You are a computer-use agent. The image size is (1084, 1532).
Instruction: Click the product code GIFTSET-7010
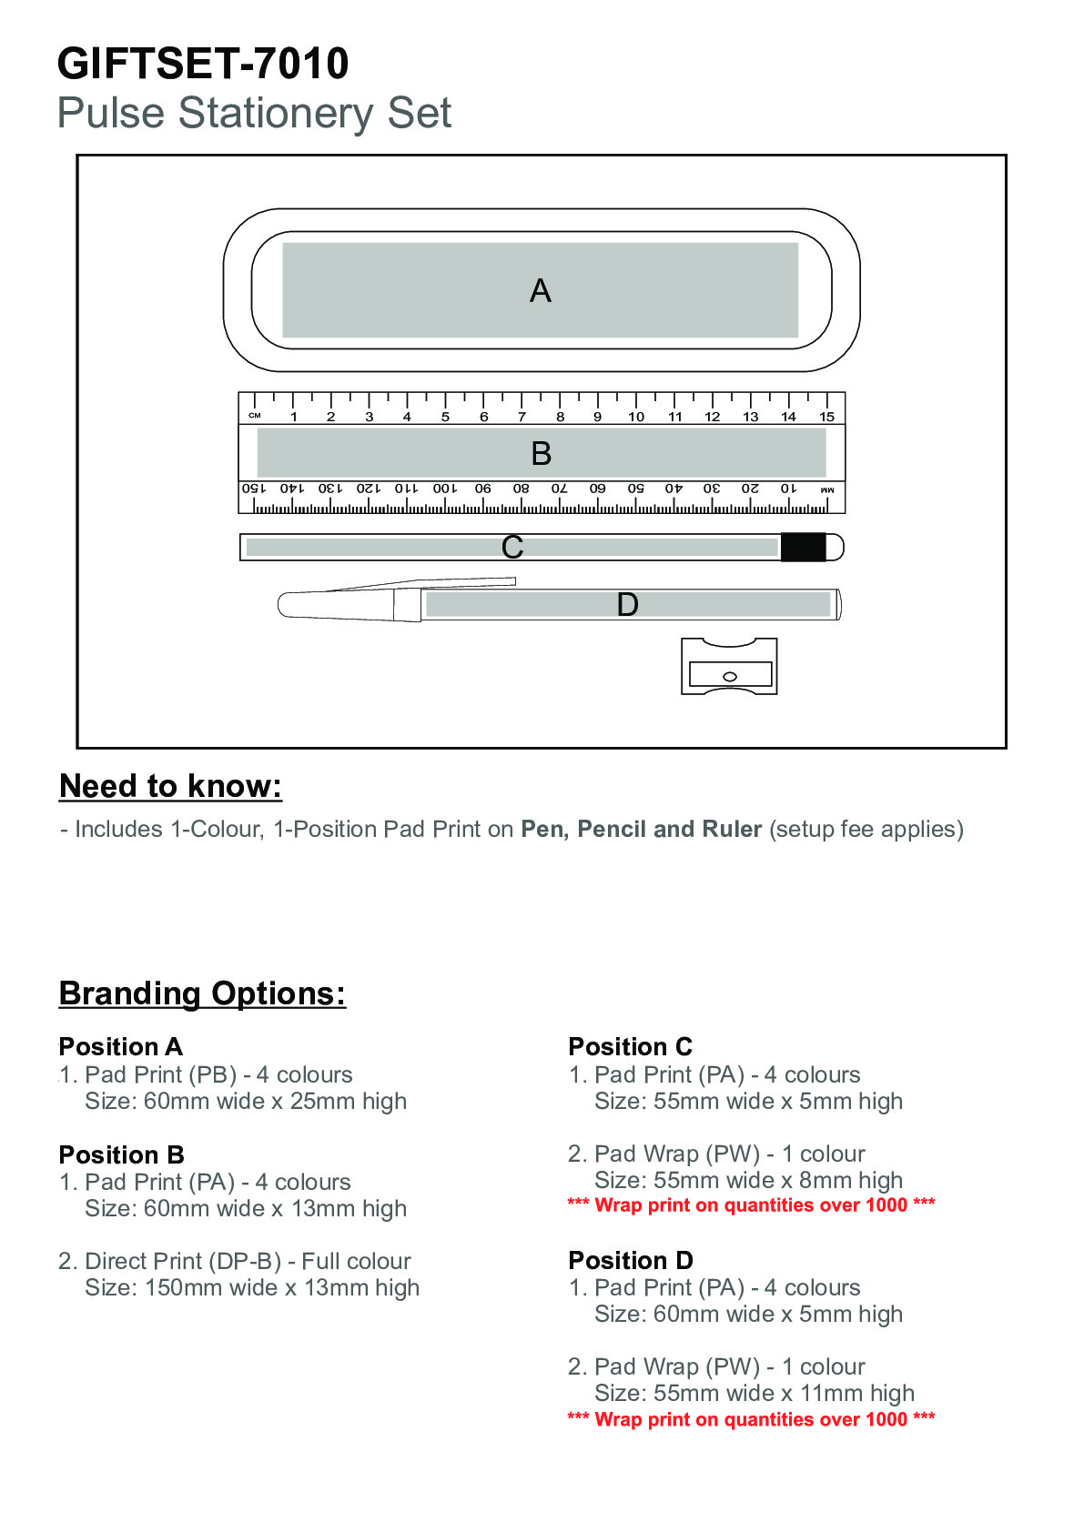[203, 64]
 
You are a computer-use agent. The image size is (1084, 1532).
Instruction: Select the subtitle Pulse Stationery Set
[254, 112]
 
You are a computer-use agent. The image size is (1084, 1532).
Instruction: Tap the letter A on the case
[540, 291]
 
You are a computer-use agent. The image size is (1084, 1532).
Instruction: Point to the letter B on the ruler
[542, 453]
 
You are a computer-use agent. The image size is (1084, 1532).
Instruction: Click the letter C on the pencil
[512, 547]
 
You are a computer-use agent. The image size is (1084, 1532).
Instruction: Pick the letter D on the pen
[627, 605]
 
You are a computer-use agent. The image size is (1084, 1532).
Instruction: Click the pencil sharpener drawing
[729, 666]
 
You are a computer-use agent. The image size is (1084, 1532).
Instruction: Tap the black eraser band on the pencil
[803, 547]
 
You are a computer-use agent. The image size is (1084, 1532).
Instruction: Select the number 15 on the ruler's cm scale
[826, 417]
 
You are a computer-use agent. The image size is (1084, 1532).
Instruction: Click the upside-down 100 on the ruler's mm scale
[444, 489]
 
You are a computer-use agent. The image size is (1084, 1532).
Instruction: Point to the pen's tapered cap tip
[282, 605]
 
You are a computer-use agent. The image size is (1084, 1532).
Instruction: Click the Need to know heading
[170, 787]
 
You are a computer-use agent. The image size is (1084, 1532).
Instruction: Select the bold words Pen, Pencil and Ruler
[642, 829]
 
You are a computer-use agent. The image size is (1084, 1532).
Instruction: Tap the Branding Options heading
[202, 993]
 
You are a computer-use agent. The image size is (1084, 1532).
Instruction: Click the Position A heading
[120, 1046]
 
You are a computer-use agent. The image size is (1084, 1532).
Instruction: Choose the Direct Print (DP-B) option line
[235, 1261]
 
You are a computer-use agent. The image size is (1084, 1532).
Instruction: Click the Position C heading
[630, 1046]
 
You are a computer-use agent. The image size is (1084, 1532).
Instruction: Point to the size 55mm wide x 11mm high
[755, 1393]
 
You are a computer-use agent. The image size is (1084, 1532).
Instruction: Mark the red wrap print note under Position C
[752, 1205]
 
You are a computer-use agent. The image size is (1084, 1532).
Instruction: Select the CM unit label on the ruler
[255, 415]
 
